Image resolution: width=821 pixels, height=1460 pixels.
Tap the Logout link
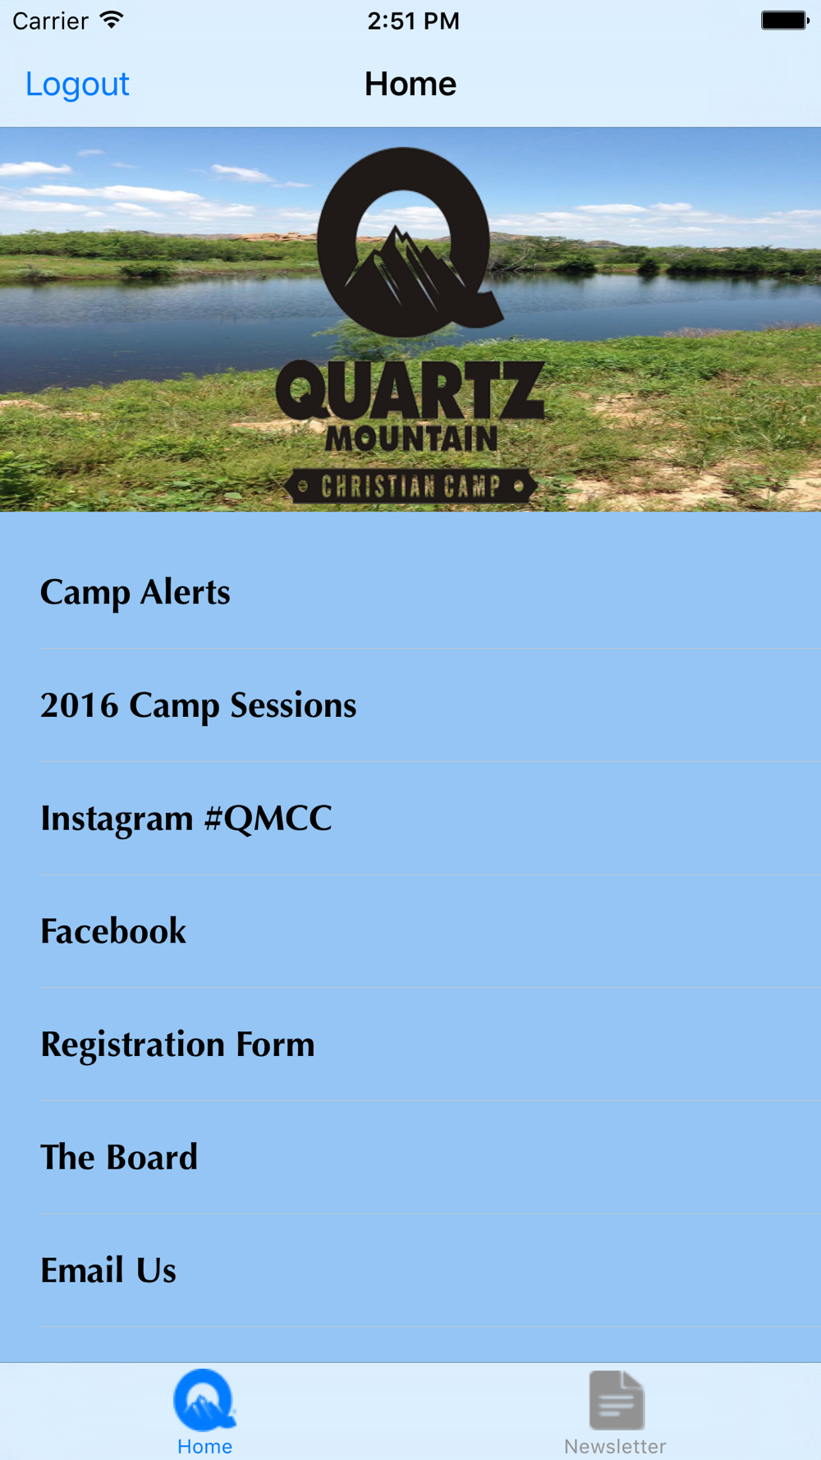77,84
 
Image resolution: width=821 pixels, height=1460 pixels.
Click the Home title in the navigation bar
410,84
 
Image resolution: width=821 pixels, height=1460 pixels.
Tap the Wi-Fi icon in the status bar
111,20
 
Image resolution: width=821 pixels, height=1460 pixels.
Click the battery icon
785,21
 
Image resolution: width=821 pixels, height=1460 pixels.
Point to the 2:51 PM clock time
413,21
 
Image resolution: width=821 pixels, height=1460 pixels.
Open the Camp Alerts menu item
135,592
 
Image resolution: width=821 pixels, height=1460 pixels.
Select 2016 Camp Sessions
199,705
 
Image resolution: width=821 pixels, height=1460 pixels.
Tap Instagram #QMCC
186,819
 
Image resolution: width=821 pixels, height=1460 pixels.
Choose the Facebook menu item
113,931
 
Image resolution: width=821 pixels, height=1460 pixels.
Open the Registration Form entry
177,1044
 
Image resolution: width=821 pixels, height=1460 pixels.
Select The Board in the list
119,1157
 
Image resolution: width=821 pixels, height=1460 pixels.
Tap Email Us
108,1270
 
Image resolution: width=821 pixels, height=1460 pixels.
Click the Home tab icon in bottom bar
204,1399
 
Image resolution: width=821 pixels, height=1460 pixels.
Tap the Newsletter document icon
617,1400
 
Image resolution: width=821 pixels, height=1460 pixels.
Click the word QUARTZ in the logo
410,392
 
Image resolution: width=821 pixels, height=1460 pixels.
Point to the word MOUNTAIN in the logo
411,438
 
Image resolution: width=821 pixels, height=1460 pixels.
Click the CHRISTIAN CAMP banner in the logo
410,486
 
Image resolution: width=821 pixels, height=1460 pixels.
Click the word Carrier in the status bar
50,21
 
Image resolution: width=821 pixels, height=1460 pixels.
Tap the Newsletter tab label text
615,1446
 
